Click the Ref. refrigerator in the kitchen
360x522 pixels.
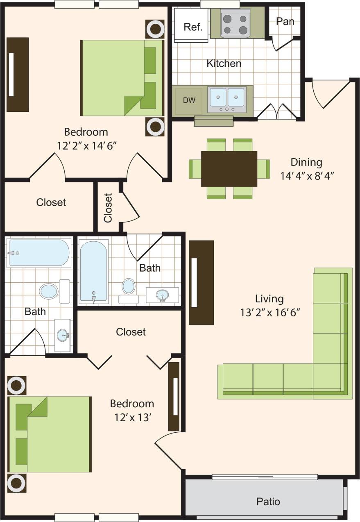click(191, 25)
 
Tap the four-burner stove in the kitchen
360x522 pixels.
click(235, 24)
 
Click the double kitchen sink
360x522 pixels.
click(227, 98)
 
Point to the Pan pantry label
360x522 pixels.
click(285, 21)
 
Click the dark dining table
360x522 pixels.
click(229, 169)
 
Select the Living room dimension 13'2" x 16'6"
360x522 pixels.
click(270, 313)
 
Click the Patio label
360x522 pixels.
click(268, 501)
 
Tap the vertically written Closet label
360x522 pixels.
click(108, 208)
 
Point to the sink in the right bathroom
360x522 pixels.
click(163, 295)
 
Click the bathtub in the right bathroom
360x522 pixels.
click(93, 272)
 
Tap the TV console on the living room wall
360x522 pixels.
click(201, 282)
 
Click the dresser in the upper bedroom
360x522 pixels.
click(18, 75)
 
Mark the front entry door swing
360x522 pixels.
click(330, 93)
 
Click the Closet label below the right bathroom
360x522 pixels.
click(131, 331)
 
